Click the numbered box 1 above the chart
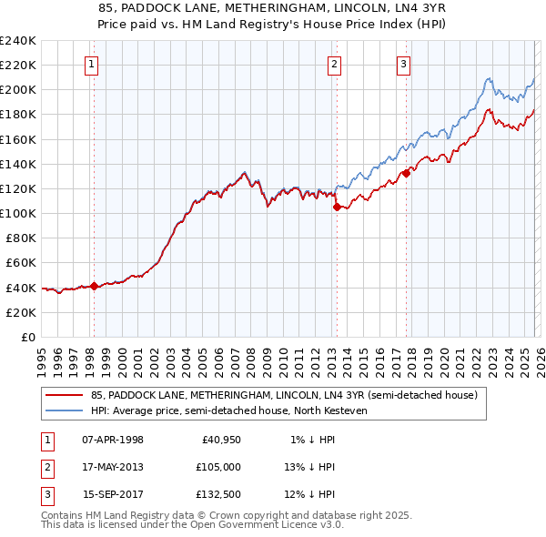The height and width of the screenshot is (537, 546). click(x=93, y=64)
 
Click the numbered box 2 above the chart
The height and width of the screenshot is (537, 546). click(x=335, y=64)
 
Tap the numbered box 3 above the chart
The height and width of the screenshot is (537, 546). click(x=403, y=64)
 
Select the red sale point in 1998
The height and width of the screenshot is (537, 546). click(x=94, y=286)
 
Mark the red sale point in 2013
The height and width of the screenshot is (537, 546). click(x=336, y=207)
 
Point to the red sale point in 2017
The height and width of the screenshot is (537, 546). click(x=406, y=173)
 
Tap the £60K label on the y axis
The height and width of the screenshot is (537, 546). click(x=21, y=262)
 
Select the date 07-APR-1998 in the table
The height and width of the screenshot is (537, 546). click(x=113, y=440)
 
